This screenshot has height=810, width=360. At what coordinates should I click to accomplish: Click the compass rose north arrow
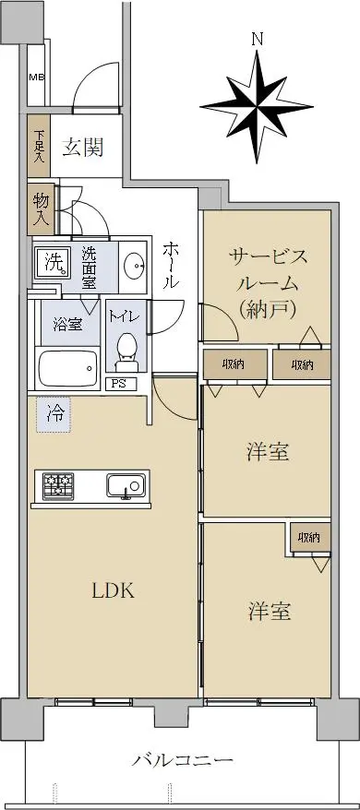coord(257,107)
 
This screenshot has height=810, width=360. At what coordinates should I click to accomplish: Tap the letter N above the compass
coord(257,39)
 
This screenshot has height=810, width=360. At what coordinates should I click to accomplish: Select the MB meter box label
coord(36,77)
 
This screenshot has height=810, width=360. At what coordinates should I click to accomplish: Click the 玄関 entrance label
coord(83,148)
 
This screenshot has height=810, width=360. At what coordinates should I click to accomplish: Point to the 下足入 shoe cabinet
coord(40,146)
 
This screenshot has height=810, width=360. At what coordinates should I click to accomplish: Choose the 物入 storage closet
coord(41,208)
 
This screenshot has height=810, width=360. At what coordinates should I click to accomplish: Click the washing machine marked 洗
coord(54,261)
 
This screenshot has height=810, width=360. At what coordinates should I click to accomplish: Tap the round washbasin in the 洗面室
coord(136,265)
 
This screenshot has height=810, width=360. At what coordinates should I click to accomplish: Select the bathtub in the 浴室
coord(67,368)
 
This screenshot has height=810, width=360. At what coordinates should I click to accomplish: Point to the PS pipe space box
coord(121,384)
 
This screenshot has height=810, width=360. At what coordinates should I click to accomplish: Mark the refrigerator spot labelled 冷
coord(54,415)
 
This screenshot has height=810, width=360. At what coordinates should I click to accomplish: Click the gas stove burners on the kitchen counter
coord(58,485)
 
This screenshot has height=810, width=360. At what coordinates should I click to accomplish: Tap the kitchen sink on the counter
coord(126,485)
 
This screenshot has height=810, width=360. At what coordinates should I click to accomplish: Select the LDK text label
coord(114,590)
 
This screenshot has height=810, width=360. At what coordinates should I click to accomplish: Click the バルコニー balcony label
coord(182,760)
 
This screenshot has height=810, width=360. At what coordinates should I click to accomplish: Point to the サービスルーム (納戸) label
coord(268,282)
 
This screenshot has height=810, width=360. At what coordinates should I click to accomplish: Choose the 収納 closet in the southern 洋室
coord(310,538)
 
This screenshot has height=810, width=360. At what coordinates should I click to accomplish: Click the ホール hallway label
coord(171,265)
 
